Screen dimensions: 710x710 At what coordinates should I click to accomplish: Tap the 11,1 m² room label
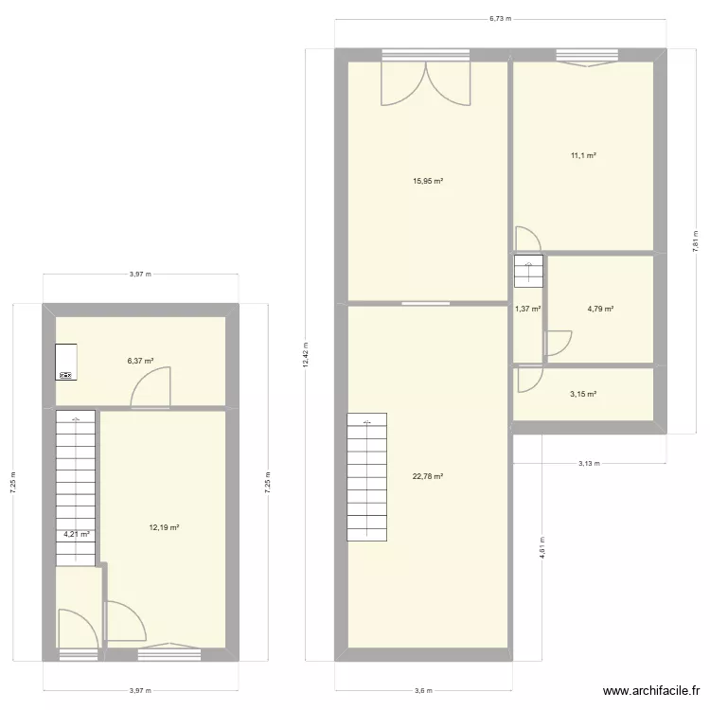[x=582, y=156]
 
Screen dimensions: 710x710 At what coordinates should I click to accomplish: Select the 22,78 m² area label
[x=428, y=477]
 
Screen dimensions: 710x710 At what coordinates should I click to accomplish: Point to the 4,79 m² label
[x=600, y=309]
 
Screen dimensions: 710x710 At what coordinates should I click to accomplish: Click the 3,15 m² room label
[x=582, y=395]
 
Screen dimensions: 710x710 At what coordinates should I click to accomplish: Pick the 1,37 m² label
[x=527, y=309]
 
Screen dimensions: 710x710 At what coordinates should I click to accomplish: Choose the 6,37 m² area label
[x=140, y=361]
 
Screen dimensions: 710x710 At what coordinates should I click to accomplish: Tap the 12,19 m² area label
[x=164, y=528]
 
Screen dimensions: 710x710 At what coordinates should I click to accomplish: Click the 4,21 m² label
[x=77, y=535]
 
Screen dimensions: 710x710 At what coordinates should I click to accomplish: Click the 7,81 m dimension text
[x=696, y=241]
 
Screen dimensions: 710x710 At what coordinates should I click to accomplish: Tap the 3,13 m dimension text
[x=590, y=464]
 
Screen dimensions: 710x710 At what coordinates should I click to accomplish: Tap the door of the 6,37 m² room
[x=152, y=389]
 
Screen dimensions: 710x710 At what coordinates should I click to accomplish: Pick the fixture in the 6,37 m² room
[x=66, y=364]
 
